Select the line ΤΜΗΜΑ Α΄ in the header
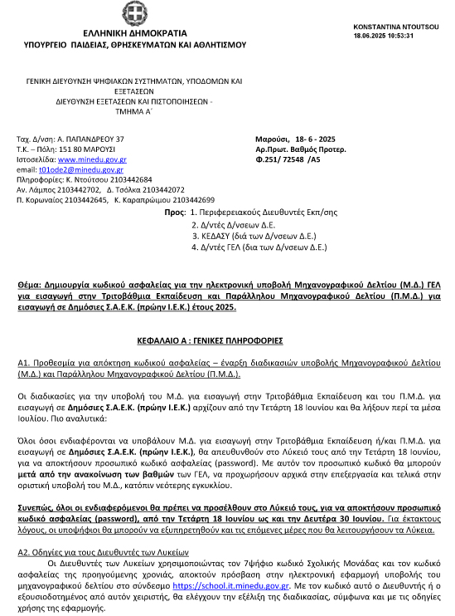(131, 111)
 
